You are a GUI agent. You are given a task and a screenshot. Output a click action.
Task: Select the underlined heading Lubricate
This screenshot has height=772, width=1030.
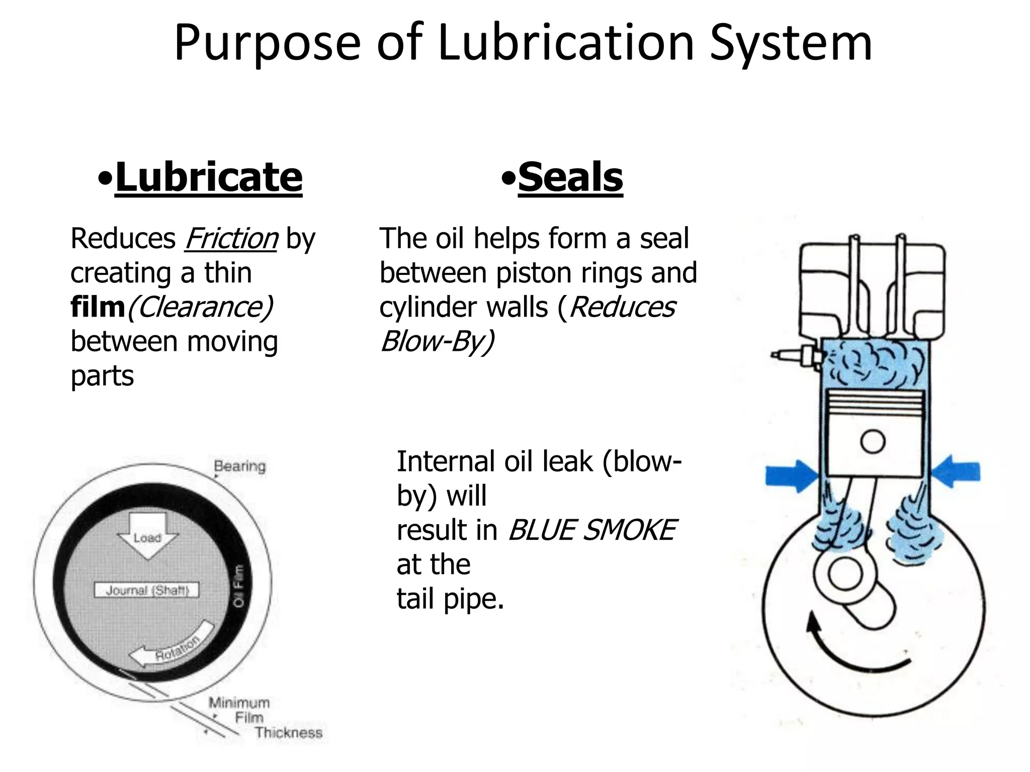[208, 177]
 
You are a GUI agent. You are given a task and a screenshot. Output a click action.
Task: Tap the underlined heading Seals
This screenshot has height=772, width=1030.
[570, 177]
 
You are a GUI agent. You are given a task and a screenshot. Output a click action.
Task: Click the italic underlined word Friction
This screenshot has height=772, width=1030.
[231, 239]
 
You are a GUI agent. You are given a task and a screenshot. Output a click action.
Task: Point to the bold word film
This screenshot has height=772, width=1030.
[98, 307]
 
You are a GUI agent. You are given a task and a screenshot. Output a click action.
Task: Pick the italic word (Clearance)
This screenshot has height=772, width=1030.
[200, 307]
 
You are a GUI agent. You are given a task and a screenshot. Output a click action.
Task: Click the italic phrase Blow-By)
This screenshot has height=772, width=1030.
[437, 342]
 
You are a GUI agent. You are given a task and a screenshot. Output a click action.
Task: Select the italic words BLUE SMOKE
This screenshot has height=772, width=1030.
[592, 530]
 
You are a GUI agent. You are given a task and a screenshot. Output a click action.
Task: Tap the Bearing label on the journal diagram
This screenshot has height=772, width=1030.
[239, 466]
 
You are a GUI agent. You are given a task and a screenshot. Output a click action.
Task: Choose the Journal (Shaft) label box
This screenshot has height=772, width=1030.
[147, 590]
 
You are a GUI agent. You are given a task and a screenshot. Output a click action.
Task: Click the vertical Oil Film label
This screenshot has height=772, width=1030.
[240, 586]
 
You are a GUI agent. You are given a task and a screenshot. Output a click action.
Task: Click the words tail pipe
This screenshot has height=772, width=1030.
[450, 599]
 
